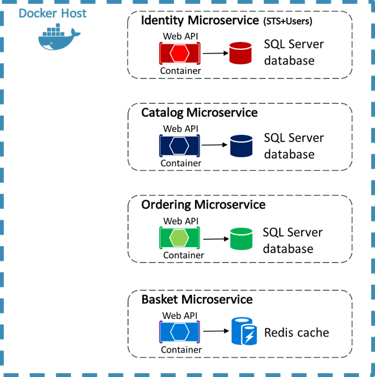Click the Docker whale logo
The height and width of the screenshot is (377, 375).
tap(59, 38)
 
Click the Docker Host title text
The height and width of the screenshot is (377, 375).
tap(53, 13)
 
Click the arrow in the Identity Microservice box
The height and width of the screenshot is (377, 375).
tap(215, 54)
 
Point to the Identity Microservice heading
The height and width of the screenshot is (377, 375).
tap(199, 21)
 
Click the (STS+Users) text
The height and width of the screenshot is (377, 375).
tap(287, 22)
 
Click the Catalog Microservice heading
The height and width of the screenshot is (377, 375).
tap(199, 113)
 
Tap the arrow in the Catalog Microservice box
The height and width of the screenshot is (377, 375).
tap(215, 145)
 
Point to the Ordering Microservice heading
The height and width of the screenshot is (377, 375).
tap(203, 205)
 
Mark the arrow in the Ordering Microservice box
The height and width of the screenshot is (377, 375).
tap(215, 239)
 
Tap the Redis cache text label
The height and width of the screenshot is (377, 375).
tap(296, 332)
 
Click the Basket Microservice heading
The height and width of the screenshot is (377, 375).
tap(197, 300)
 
